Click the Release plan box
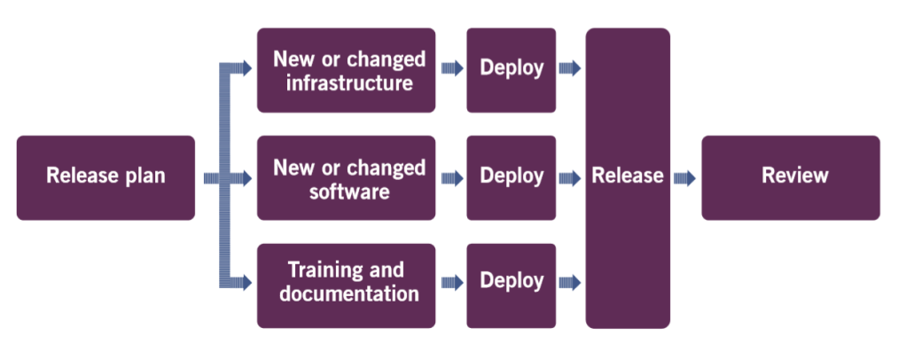(105, 177)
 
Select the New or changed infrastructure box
(346, 71)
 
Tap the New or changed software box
(346, 177)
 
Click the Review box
(791, 177)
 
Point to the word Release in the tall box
(628, 176)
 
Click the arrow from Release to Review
(684, 178)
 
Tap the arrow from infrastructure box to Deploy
(451, 69)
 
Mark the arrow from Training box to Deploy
(451, 283)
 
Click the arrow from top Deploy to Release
(570, 69)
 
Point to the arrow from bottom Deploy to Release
(570, 283)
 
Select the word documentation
(349, 294)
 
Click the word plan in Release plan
(144, 176)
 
